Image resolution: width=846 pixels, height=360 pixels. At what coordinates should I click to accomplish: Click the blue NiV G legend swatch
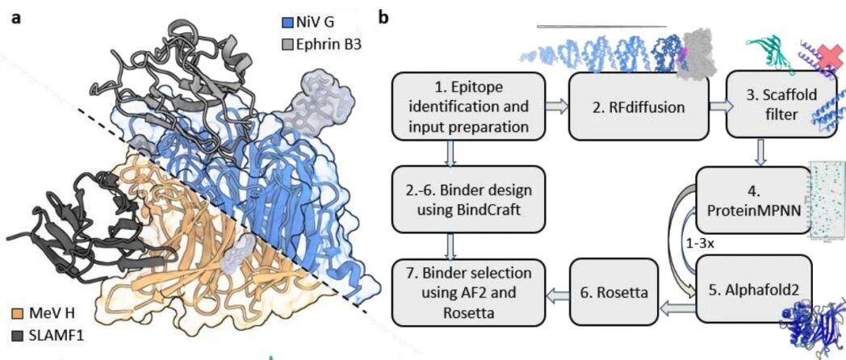(287, 23)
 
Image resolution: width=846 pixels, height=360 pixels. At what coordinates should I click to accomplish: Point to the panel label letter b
(383, 18)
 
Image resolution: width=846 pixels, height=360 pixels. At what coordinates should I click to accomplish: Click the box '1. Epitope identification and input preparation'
(468, 107)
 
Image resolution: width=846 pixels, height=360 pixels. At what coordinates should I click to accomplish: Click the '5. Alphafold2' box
(753, 290)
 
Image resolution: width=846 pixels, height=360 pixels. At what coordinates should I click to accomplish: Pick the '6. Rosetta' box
(614, 291)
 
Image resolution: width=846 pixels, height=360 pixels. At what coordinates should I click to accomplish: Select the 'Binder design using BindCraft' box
(468, 199)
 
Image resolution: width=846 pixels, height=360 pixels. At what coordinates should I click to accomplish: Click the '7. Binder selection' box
(468, 292)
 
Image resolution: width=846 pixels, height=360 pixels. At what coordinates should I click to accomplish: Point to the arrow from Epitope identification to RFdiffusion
(557, 107)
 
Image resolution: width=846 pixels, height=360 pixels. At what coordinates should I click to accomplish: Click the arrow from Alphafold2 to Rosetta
(677, 308)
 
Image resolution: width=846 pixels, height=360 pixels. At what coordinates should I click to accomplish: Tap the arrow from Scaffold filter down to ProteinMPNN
(762, 153)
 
